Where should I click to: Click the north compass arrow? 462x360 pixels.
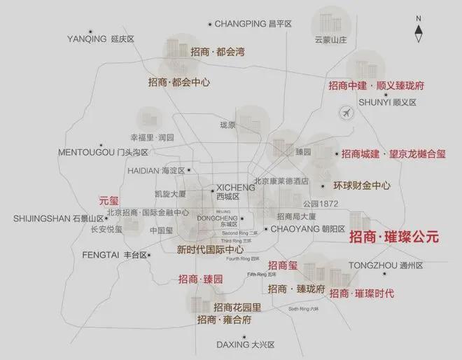coord(419,29)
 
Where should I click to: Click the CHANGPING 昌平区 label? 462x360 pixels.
coord(253,24)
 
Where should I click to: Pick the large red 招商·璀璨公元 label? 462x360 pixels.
coord(393,237)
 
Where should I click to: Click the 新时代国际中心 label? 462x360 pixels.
coord(210,249)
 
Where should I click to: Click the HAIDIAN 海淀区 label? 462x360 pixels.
coord(155,170)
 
